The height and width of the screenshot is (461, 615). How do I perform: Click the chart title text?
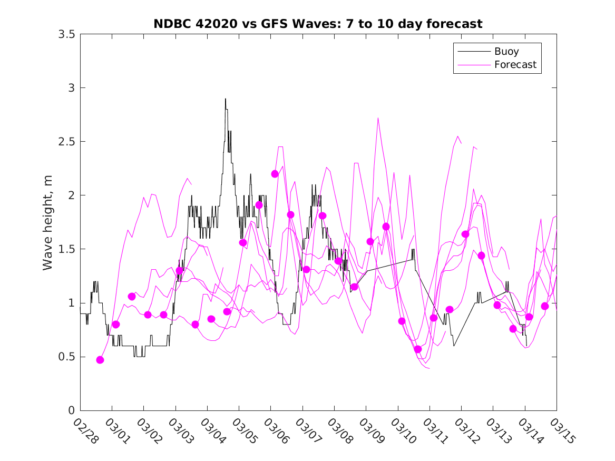(318, 24)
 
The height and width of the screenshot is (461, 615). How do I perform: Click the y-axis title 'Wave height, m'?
(48, 222)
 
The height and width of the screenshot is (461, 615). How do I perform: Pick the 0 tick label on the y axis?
(71, 410)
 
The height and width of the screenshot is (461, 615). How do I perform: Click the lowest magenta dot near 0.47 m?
(100, 360)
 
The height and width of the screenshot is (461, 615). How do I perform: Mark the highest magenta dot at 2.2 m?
(275, 174)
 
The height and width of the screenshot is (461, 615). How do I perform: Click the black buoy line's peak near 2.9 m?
(226, 99)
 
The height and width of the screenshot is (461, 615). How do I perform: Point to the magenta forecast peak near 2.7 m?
(378, 118)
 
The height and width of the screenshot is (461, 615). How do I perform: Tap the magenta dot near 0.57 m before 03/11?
(418, 349)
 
